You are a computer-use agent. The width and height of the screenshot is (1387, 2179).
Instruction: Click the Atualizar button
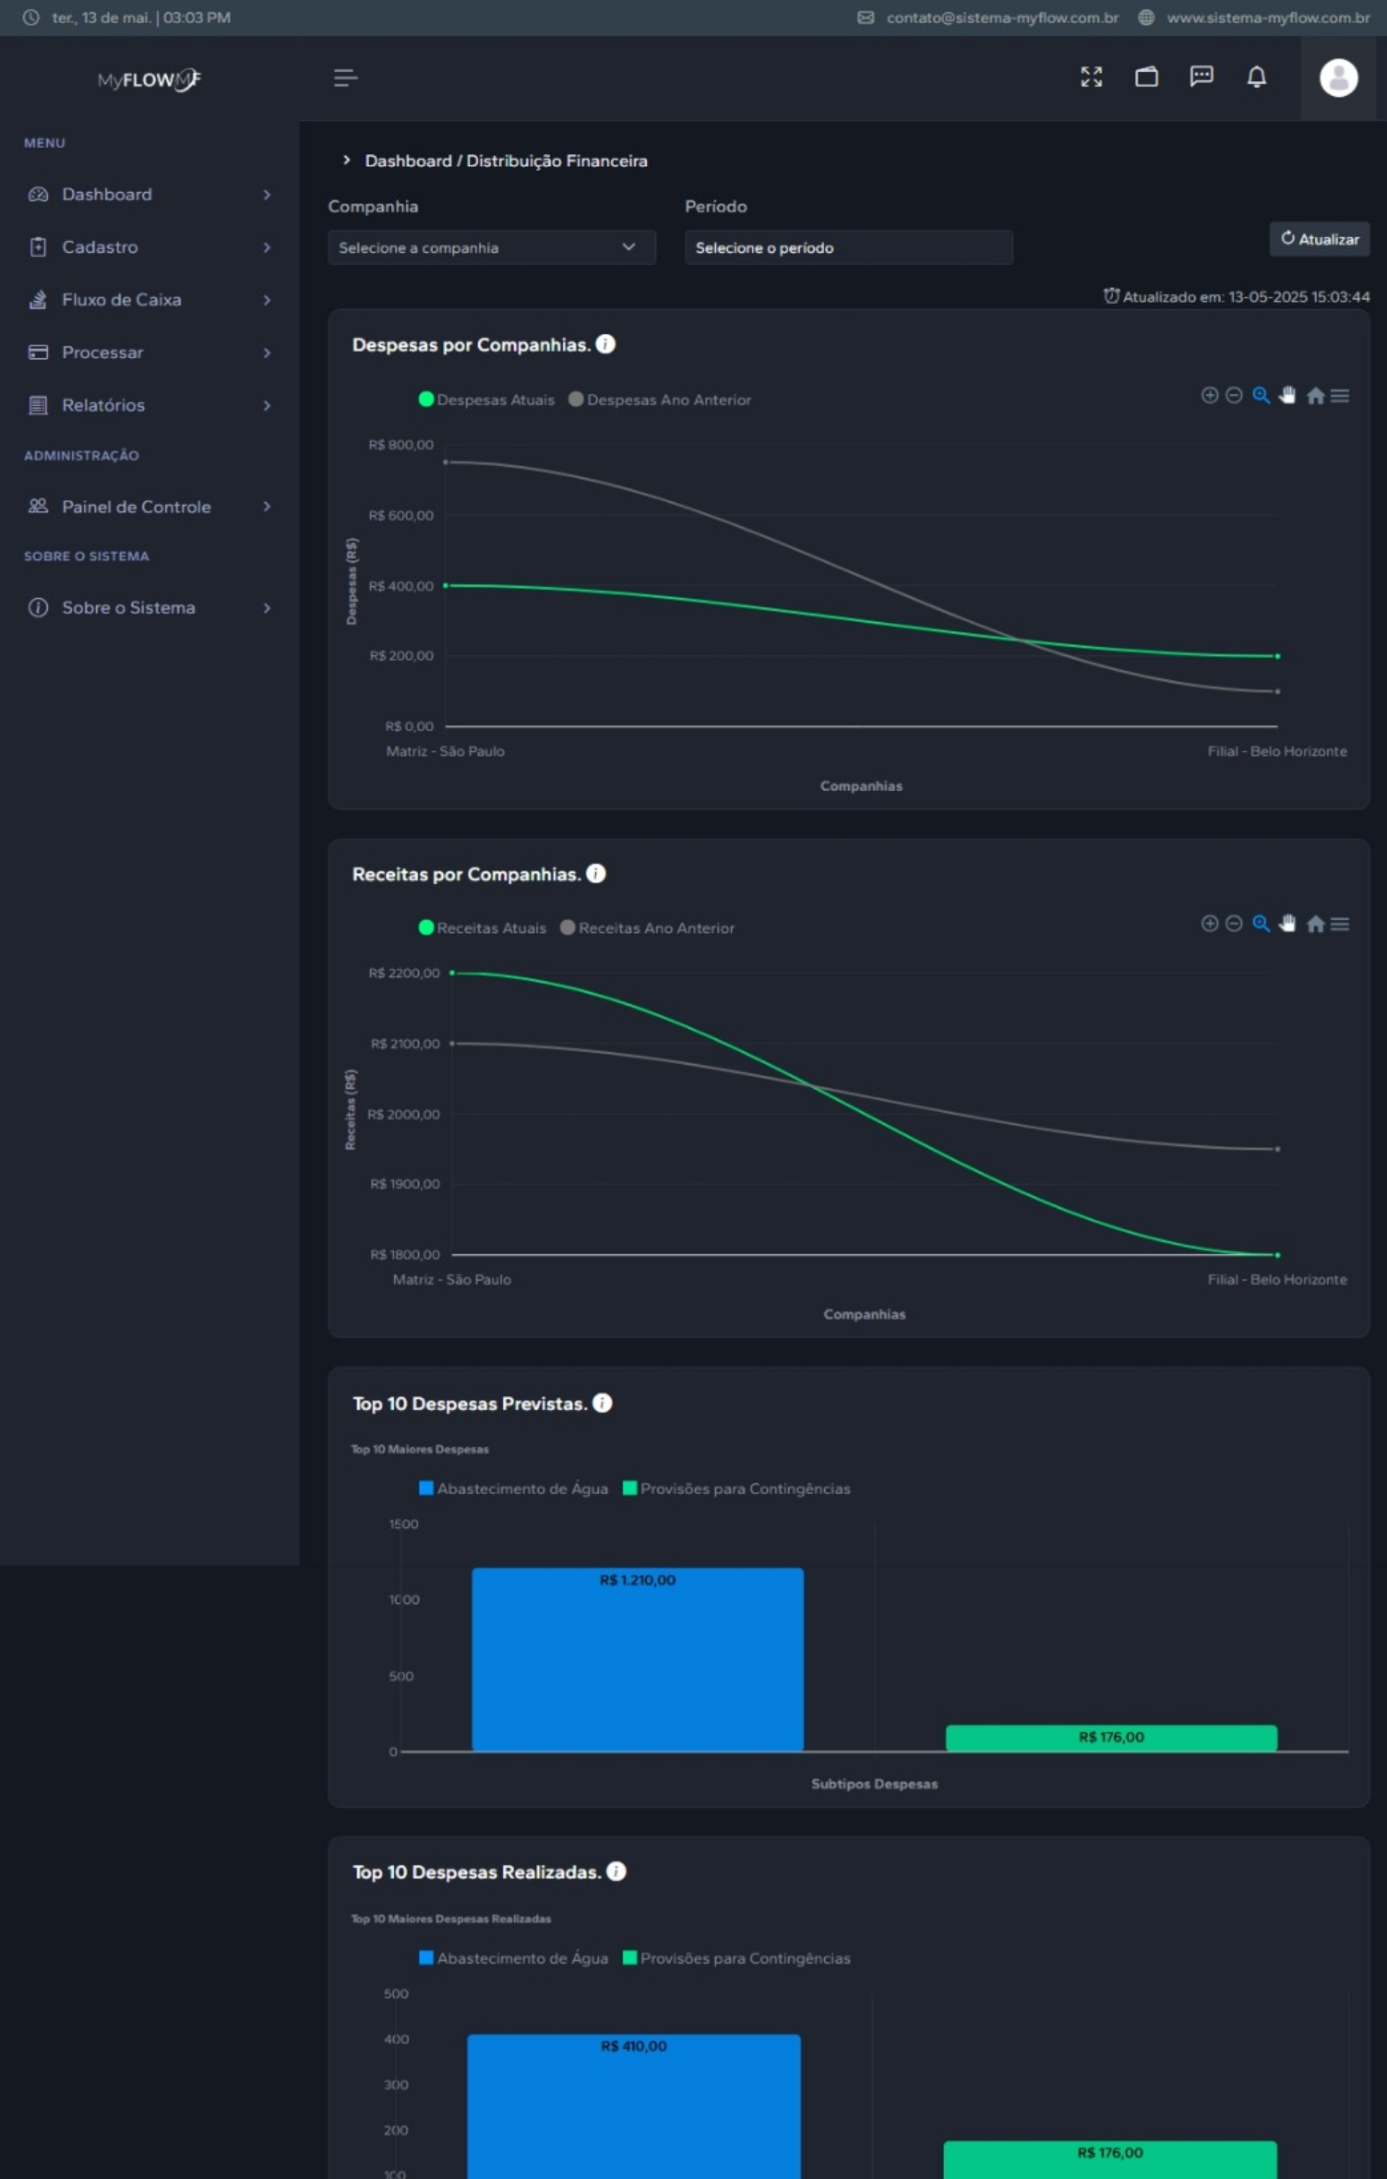pyautogui.click(x=1319, y=239)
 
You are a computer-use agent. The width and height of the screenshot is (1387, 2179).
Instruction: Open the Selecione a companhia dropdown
pyautogui.click(x=491, y=247)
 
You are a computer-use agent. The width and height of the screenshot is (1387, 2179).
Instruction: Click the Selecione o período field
pyautogui.click(x=848, y=247)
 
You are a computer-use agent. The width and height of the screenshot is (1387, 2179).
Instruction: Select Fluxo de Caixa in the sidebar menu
pyautogui.click(x=121, y=300)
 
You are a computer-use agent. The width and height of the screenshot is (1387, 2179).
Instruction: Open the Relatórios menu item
pyautogui.click(x=103, y=405)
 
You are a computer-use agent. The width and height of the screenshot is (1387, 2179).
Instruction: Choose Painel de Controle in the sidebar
pyautogui.click(x=136, y=506)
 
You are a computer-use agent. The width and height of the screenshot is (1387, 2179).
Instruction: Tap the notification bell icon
pyautogui.click(x=1256, y=77)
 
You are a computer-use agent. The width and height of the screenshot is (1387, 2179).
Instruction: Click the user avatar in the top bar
pyautogui.click(x=1338, y=78)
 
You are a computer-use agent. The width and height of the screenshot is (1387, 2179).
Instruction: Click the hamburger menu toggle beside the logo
pyautogui.click(x=345, y=78)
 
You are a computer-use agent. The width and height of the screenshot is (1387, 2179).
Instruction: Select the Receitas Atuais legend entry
pyautogui.click(x=491, y=928)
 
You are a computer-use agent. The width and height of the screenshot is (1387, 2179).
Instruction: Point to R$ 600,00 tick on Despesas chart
pyautogui.click(x=401, y=516)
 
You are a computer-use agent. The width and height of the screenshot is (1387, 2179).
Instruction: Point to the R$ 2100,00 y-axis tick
pyautogui.click(x=405, y=1044)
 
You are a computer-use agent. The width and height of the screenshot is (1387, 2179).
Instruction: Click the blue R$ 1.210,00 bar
pyautogui.click(x=637, y=1660)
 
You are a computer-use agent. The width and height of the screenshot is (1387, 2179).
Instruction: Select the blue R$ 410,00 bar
pyautogui.click(x=634, y=2108)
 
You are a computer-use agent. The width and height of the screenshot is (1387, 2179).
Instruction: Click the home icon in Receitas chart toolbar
pyautogui.click(x=1315, y=924)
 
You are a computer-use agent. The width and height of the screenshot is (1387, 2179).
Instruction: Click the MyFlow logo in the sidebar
pyautogui.click(x=150, y=79)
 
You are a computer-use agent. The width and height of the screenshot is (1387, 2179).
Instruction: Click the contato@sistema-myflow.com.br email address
pyautogui.click(x=1001, y=17)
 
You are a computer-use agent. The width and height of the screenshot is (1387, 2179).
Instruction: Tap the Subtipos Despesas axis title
pyautogui.click(x=874, y=1784)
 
